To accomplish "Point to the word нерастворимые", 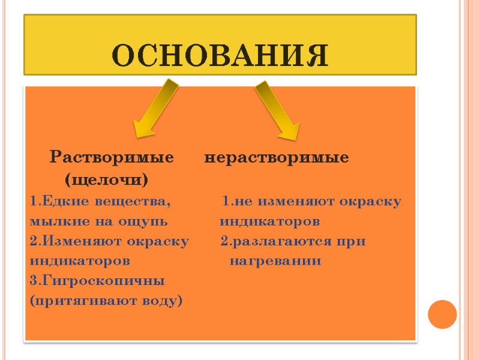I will pos(277,158).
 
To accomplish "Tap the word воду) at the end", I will pos(161,300).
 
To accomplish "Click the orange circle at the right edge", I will pos(443,313).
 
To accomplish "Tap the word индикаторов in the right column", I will pos(270,222).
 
